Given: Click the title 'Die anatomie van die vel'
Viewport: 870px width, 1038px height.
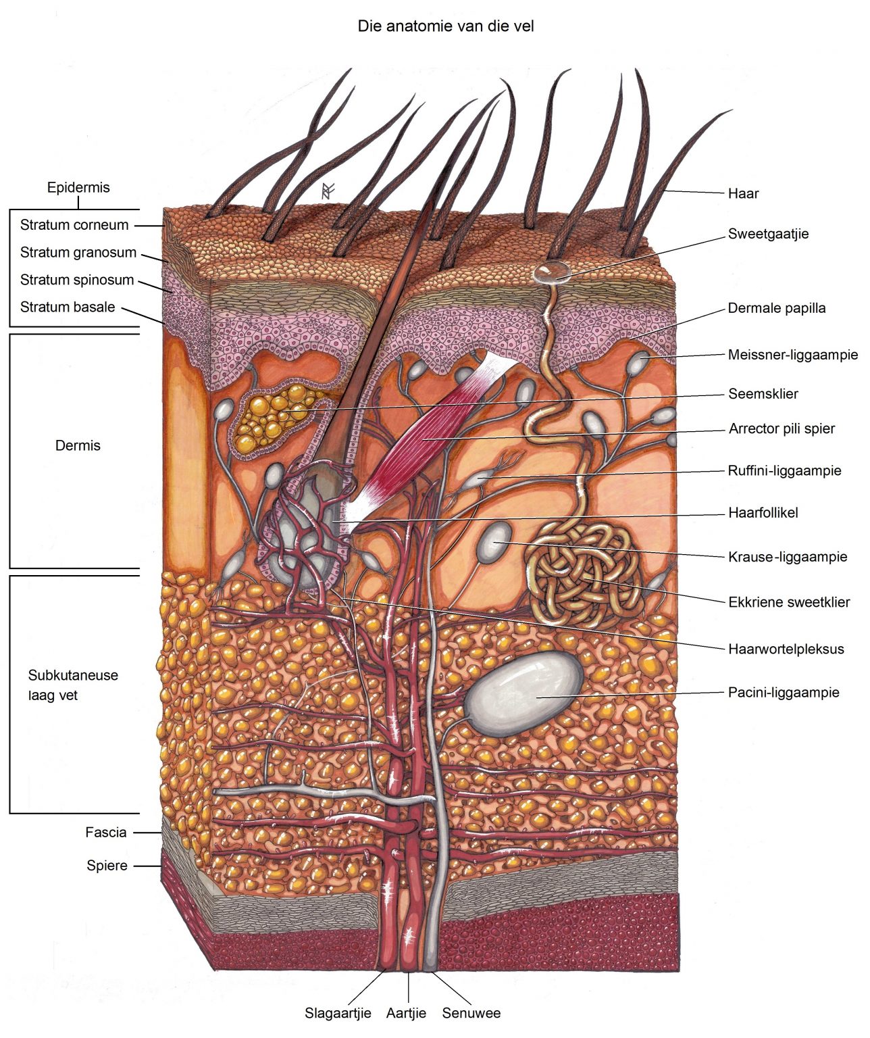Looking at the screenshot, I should tap(445, 26).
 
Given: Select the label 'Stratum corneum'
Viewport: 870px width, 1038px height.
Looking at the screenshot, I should tap(74, 225).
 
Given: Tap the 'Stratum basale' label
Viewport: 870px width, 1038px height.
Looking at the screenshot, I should tap(68, 307).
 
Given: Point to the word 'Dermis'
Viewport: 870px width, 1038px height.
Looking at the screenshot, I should tap(78, 445).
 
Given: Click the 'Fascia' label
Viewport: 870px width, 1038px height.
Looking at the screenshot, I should tap(106, 833).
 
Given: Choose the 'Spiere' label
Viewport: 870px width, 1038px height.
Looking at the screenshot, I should tap(107, 866).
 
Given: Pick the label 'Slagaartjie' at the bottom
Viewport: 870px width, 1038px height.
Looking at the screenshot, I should tap(338, 1013).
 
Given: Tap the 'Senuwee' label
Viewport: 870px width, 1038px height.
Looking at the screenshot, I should tap(471, 1013).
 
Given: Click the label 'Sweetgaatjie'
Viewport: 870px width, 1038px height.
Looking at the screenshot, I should tap(768, 234).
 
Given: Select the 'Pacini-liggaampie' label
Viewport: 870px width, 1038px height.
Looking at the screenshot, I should tap(784, 692).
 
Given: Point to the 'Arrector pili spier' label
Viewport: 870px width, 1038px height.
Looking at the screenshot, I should tap(782, 428).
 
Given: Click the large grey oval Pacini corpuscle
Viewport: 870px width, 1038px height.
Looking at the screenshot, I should tap(524, 691).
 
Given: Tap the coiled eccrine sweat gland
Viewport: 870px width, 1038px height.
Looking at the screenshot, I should tap(582, 574).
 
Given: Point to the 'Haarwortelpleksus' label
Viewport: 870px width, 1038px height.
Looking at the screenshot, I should tap(786, 649).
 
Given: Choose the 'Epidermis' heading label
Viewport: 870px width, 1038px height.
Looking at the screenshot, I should tap(78, 187).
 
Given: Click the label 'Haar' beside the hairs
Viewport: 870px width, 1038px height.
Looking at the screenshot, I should tap(743, 193).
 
